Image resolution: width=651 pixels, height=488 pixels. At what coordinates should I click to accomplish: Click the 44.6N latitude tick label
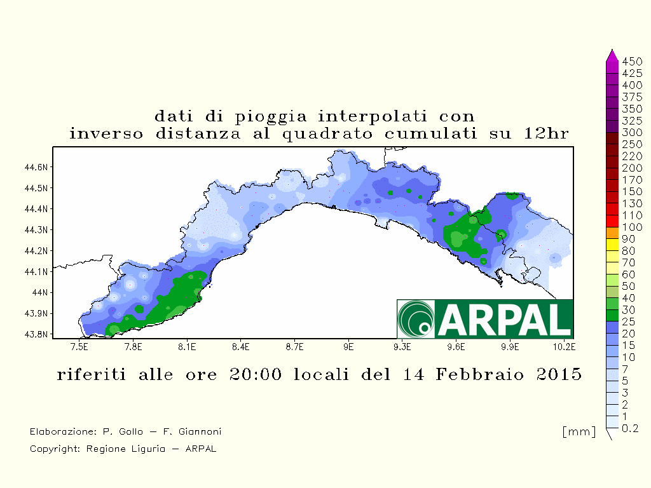click(x=36, y=167)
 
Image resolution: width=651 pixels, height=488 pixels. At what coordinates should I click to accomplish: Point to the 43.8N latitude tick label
click(x=36, y=334)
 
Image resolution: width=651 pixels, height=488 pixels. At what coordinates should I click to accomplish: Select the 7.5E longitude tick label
click(x=79, y=346)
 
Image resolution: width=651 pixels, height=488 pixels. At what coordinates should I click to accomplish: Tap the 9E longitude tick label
click(x=348, y=346)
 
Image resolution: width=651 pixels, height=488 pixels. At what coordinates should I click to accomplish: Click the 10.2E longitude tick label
click(x=564, y=346)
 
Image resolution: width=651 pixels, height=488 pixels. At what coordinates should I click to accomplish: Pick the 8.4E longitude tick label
click(x=241, y=346)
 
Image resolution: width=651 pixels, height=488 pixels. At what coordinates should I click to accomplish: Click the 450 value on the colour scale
click(x=632, y=62)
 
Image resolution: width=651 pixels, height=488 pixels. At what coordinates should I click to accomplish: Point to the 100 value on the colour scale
click(x=632, y=227)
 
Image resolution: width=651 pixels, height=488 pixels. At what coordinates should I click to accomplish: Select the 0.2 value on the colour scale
click(x=630, y=428)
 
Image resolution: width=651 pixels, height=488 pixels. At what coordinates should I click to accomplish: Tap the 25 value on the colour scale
click(x=629, y=322)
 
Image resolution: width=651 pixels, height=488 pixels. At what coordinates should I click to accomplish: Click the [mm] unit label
click(x=579, y=431)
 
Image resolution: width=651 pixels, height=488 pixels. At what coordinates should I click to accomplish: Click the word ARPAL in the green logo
click(x=504, y=319)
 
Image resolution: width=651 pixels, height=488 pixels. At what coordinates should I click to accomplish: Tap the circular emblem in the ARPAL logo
click(x=416, y=319)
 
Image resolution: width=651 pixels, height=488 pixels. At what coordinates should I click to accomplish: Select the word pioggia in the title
click(x=271, y=117)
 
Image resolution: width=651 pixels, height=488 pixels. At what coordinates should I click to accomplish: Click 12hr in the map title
click(x=545, y=133)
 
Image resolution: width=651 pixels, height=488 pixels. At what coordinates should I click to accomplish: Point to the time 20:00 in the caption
click(x=256, y=374)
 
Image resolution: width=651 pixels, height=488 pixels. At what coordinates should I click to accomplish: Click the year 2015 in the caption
click(x=559, y=374)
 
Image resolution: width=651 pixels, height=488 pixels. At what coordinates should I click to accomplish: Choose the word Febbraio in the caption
click(x=479, y=374)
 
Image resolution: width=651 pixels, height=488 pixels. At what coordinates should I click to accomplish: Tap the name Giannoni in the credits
click(x=200, y=431)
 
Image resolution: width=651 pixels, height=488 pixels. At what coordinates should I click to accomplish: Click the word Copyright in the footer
click(x=55, y=449)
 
